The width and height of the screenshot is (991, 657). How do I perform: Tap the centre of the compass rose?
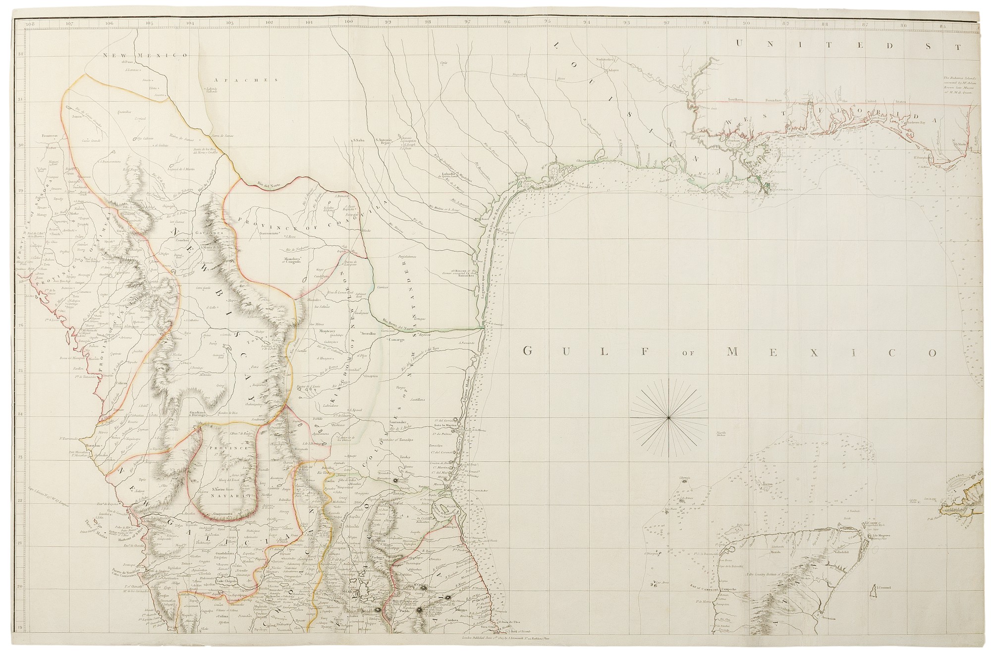[x=669, y=418]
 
